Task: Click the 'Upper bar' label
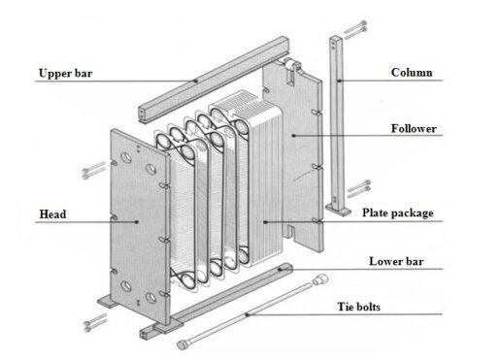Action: (x=65, y=74)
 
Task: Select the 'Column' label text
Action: (x=412, y=73)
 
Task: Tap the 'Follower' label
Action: (x=414, y=129)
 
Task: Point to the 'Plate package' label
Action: (x=397, y=213)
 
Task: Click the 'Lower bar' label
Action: (x=396, y=261)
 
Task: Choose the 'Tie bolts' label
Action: (x=358, y=307)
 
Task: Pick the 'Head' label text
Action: (x=52, y=214)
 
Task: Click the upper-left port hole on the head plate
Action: (x=126, y=158)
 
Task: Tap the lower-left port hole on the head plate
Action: (x=126, y=286)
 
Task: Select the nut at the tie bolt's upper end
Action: (x=320, y=279)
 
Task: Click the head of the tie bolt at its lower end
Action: (x=183, y=344)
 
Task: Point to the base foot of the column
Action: (x=338, y=210)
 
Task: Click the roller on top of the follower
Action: (x=290, y=64)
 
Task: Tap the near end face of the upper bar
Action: (x=143, y=115)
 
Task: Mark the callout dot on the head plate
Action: (x=137, y=222)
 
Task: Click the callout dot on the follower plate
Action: (x=293, y=136)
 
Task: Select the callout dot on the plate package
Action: (x=265, y=222)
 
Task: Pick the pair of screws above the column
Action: (x=355, y=30)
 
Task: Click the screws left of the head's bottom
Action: (x=95, y=322)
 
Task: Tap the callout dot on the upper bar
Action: (x=195, y=81)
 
